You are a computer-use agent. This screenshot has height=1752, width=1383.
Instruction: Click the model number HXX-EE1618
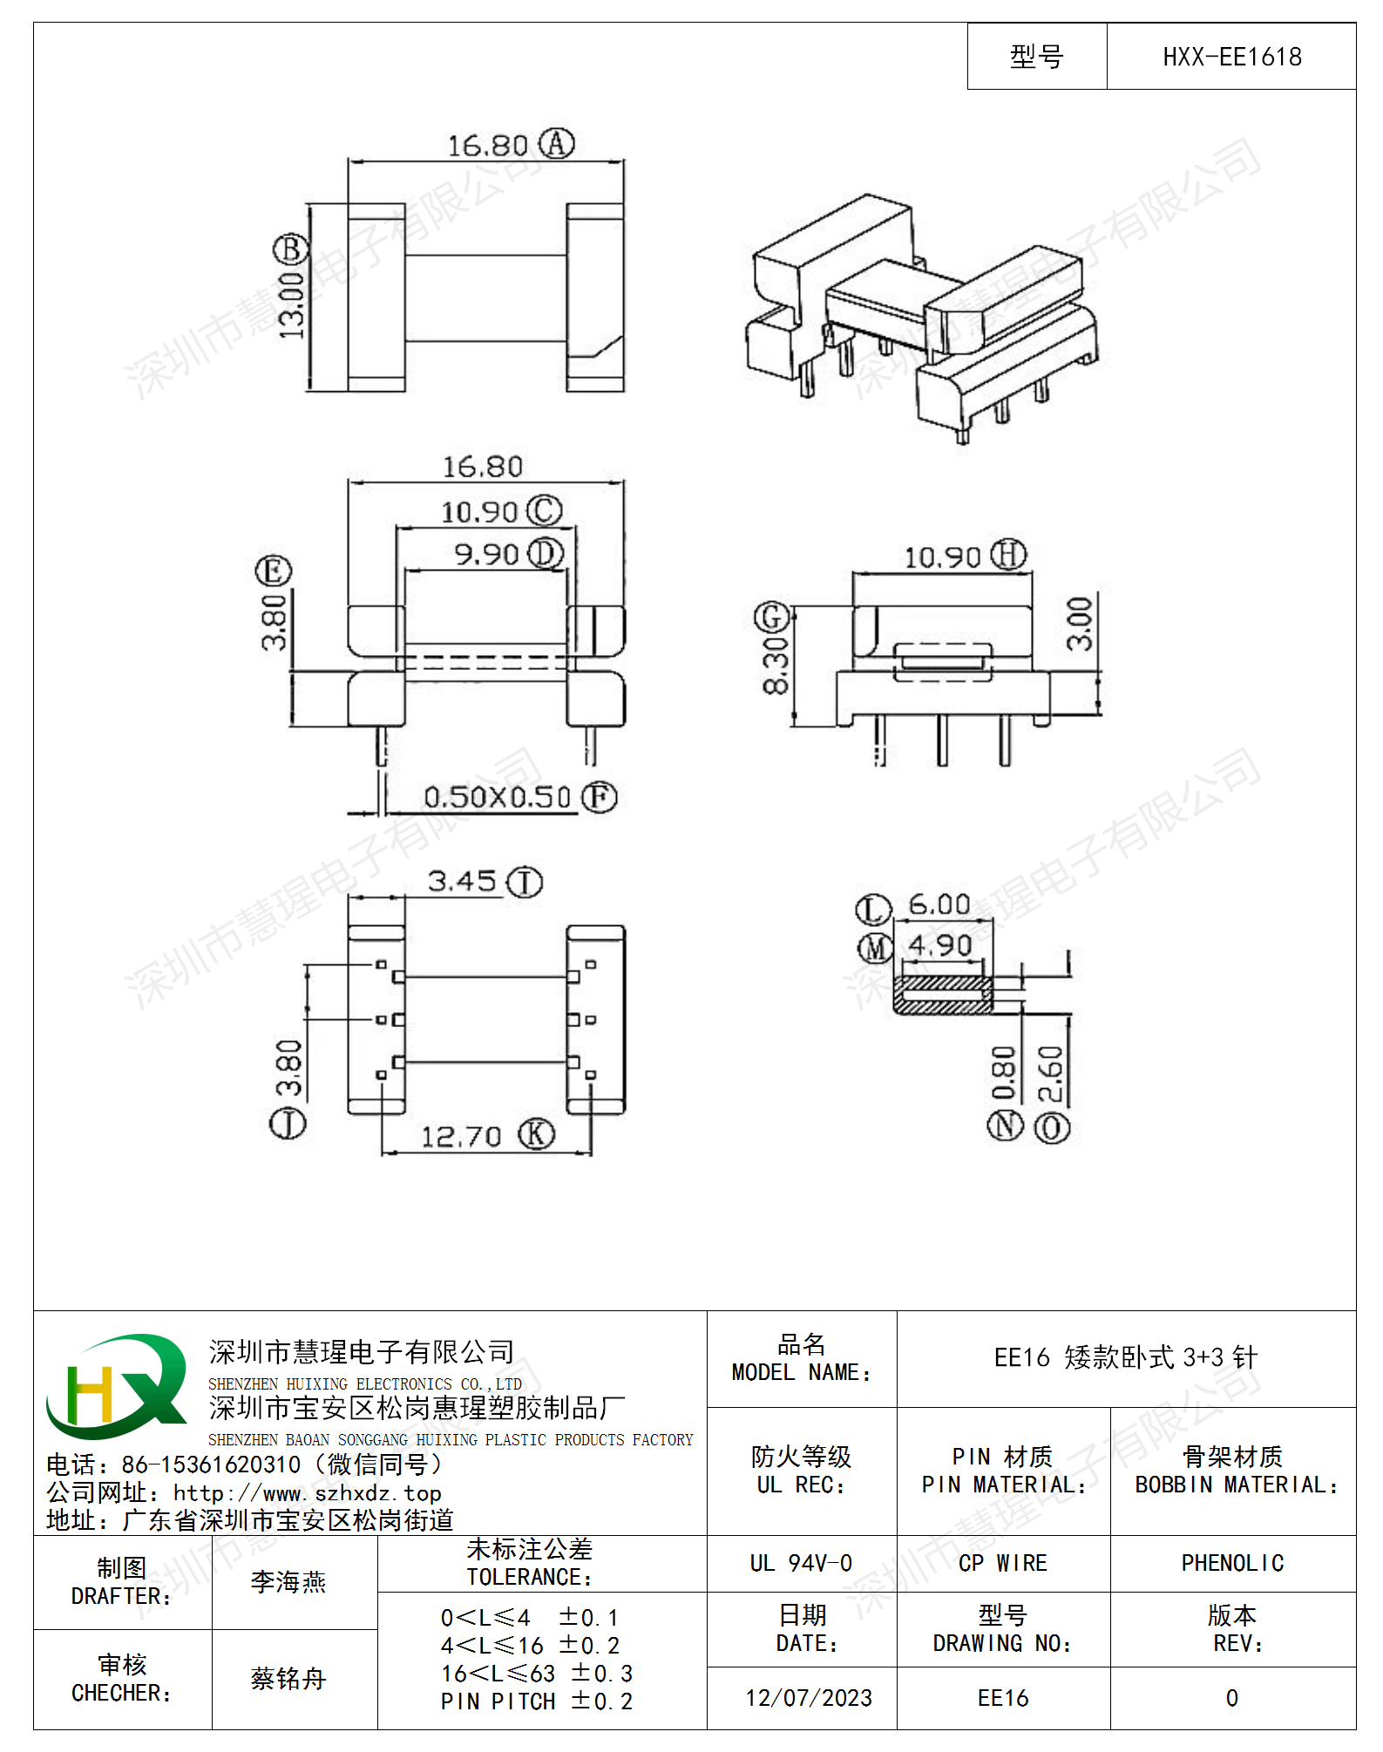1231,57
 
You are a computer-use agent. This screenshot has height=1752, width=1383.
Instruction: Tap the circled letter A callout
556,143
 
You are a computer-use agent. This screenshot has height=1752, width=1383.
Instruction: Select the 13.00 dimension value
291,304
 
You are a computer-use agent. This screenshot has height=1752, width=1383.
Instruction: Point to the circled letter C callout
545,511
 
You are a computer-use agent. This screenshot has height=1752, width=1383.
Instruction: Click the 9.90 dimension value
486,553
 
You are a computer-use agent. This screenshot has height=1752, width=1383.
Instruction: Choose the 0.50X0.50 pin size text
497,796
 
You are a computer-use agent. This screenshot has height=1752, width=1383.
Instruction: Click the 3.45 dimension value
462,881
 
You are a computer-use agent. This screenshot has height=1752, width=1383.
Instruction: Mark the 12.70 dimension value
461,1136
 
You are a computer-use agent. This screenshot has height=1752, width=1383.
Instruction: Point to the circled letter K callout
537,1133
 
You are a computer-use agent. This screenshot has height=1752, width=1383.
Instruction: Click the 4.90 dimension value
940,945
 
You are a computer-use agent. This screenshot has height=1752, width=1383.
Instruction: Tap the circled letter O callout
1052,1127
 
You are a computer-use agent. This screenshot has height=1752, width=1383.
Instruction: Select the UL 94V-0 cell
801,1563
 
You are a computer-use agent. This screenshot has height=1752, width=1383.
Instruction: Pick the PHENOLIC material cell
1232,1563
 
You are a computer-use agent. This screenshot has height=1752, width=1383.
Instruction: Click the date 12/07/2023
809,1698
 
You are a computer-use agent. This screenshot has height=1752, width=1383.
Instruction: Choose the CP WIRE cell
1003,1563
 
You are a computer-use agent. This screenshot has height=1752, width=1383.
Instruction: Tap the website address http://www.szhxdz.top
307,1493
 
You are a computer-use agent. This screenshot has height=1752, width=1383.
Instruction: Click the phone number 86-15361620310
211,1465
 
